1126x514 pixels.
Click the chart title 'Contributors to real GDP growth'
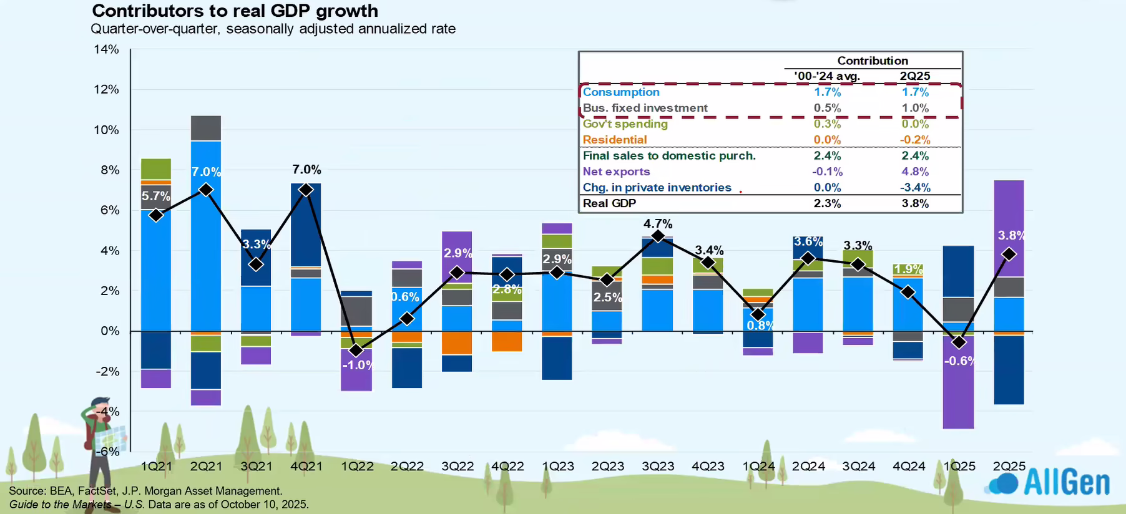[235, 11]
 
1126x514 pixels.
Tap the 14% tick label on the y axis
[106, 49]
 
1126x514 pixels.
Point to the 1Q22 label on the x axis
[357, 467]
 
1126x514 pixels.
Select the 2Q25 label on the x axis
[1009, 467]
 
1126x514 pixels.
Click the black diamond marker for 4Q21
[306, 190]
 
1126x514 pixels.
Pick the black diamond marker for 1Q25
[959, 342]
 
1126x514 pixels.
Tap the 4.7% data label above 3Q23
[658, 223]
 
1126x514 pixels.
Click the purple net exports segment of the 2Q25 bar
[1009, 212]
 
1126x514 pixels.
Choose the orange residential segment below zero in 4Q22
[507, 341]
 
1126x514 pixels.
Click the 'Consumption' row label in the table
[621, 92]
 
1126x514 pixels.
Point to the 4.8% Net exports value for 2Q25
[915, 172]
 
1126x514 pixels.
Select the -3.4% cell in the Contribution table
[915, 188]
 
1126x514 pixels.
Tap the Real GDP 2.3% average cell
[827, 203]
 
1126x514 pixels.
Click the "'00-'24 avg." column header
[827, 76]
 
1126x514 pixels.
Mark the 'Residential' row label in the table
[615, 140]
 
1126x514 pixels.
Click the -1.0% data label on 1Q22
[357, 365]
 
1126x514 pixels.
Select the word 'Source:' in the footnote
[27, 491]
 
